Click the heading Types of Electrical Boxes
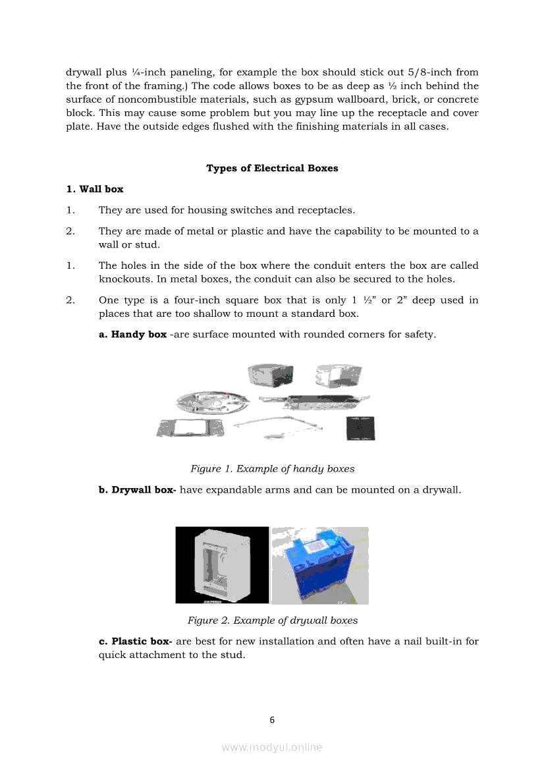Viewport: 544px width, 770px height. click(272, 168)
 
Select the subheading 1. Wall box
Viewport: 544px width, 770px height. click(95, 189)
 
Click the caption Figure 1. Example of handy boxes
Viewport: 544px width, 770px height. click(272, 469)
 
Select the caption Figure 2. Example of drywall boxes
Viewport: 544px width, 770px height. click(272, 620)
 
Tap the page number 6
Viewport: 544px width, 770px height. click(272, 720)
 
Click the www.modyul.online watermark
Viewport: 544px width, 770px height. click(272, 747)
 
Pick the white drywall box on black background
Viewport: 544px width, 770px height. click(221, 565)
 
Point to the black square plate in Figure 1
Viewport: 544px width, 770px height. click(360, 428)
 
